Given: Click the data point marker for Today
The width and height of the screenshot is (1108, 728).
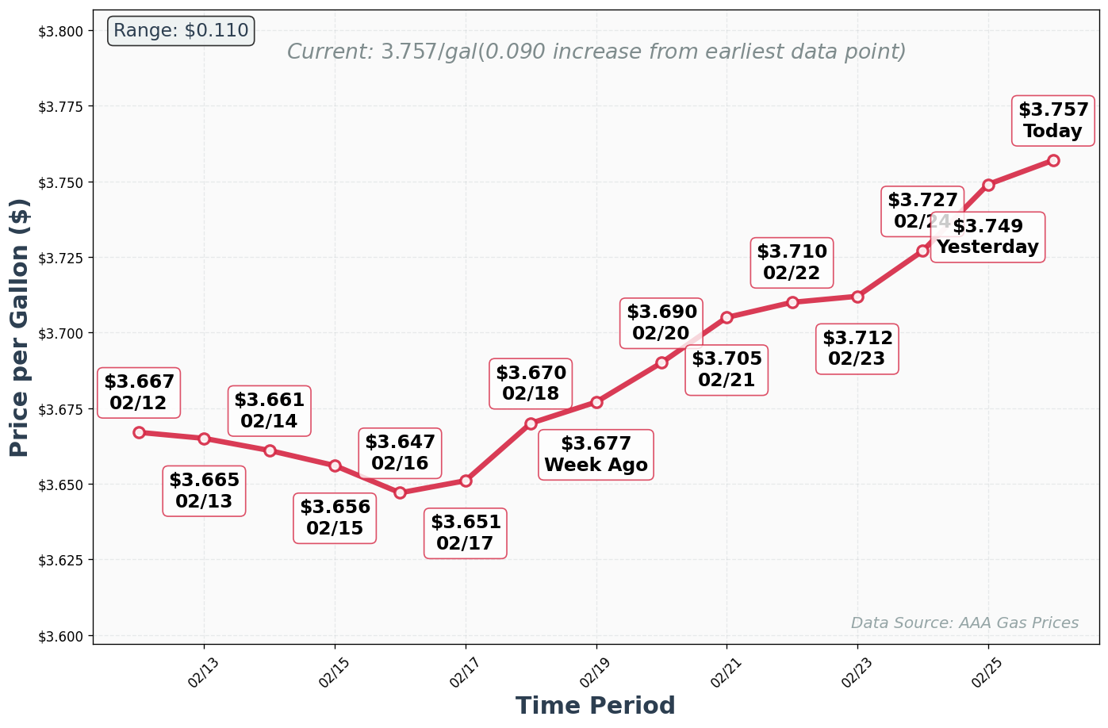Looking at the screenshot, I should tap(1053, 160).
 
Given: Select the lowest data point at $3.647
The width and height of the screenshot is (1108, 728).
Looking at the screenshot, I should tap(400, 492).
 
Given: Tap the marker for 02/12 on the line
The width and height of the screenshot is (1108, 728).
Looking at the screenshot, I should tap(139, 432).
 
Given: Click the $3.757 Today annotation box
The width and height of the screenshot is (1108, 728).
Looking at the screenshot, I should tap(1052, 121).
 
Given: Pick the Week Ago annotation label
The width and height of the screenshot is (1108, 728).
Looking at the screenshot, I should tap(596, 455).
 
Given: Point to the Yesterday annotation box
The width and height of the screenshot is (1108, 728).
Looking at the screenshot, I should tap(987, 237).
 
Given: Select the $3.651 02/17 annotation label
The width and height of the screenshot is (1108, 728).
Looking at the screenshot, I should tap(466, 533).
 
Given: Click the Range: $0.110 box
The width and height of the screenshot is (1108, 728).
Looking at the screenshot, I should tap(181, 31).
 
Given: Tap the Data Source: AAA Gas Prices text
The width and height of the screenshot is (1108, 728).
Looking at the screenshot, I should tap(964, 623).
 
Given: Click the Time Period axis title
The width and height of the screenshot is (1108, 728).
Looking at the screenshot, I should tap(596, 706).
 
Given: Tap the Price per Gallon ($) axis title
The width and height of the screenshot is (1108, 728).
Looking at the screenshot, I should tap(20, 327).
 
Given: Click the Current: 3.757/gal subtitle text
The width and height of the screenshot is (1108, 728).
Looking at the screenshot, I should tap(596, 52).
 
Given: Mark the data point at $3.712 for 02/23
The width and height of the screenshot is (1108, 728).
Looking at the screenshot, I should tap(857, 297).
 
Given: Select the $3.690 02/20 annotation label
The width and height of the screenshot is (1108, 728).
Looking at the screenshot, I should tap(661, 323).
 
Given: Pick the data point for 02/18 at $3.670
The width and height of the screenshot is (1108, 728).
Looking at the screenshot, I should tap(531, 423).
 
